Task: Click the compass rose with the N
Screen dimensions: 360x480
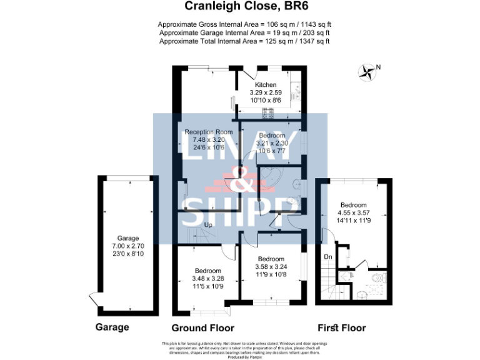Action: tap(367, 72)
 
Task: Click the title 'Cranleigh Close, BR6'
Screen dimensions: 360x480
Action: tap(240, 7)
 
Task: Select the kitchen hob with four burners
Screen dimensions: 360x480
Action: tap(270, 113)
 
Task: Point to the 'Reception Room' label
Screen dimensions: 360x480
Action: tap(208, 132)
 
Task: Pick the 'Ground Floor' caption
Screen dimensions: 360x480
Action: tap(202, 328)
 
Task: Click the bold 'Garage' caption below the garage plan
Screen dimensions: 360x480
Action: tap(112, 327)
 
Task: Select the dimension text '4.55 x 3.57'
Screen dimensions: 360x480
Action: tap(354, 212)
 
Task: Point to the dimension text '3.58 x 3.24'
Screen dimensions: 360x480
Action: tap(271, 267)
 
